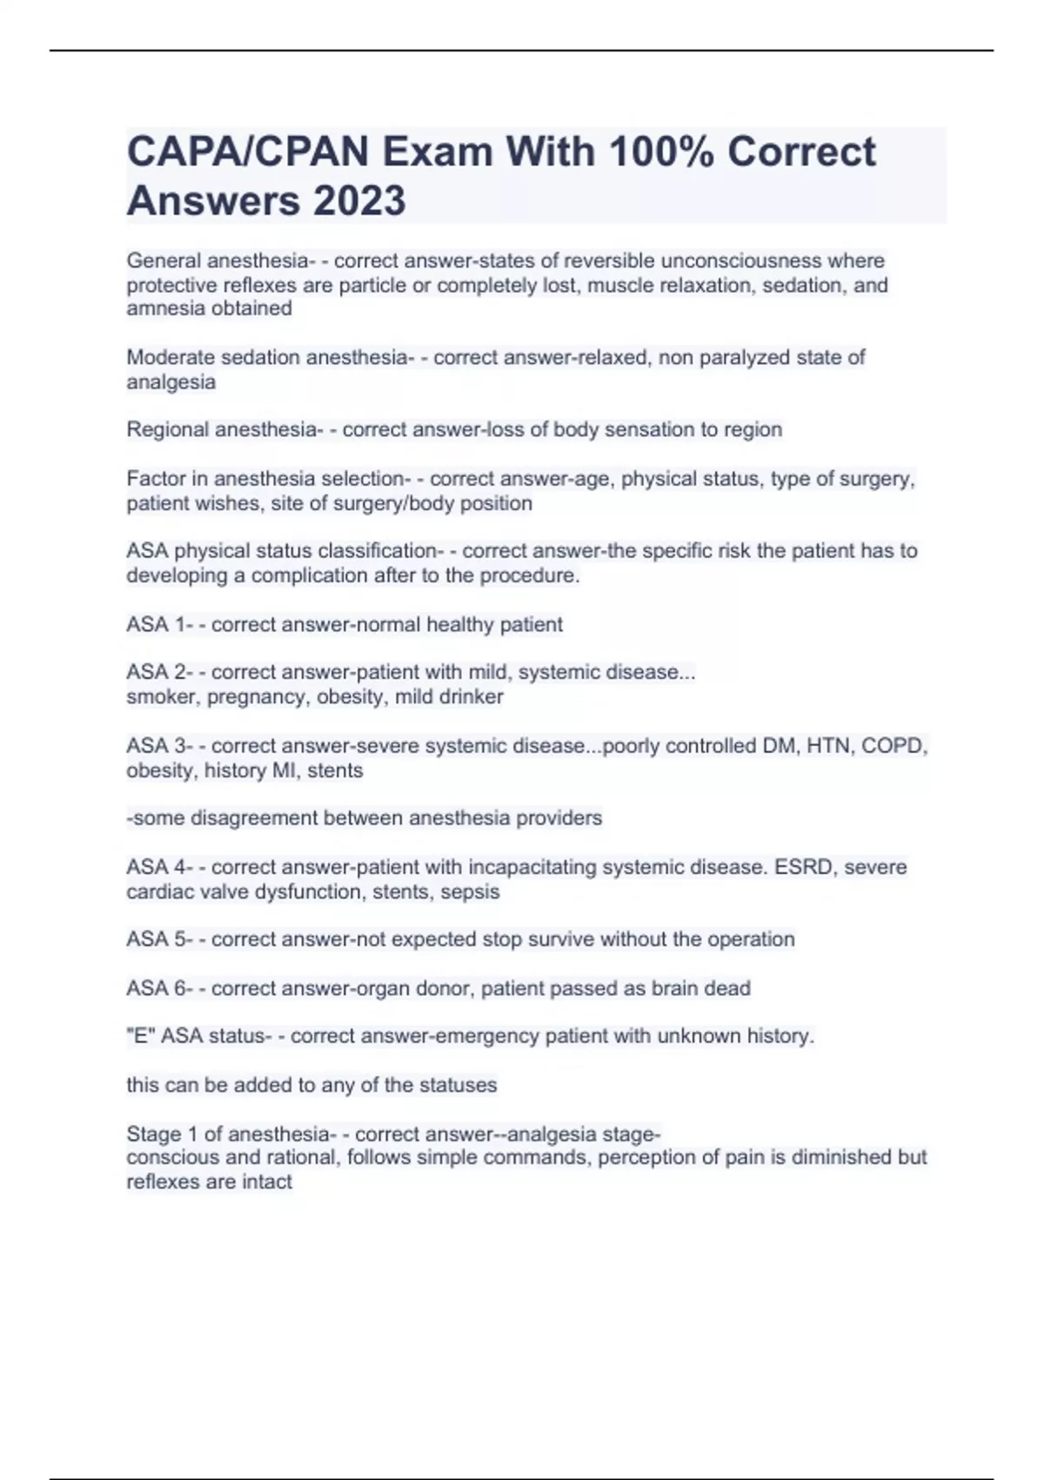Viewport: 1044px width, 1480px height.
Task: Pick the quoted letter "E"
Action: click(140, 1036)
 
